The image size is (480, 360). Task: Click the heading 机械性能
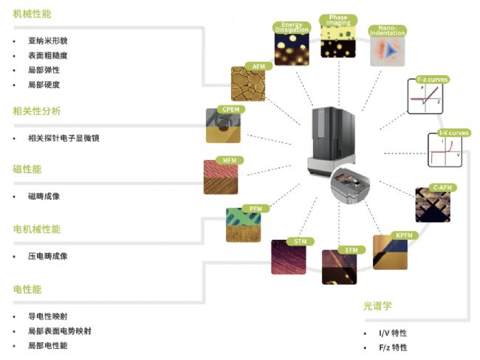(x=32, y=14)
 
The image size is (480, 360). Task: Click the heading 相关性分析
(x=37, y=111)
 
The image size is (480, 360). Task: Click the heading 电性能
(x=27, y=289)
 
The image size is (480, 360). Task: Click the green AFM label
(x=258, y=66)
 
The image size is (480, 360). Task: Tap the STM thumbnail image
(x=288, y=257)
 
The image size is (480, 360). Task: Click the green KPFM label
(x=402, y=235)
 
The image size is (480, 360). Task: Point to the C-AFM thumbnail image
(x=432, y=206)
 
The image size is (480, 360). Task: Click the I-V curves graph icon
(x=445, y=150)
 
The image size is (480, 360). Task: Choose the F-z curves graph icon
(x=427, y=97)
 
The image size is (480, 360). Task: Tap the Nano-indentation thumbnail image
(x=387, y=49)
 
